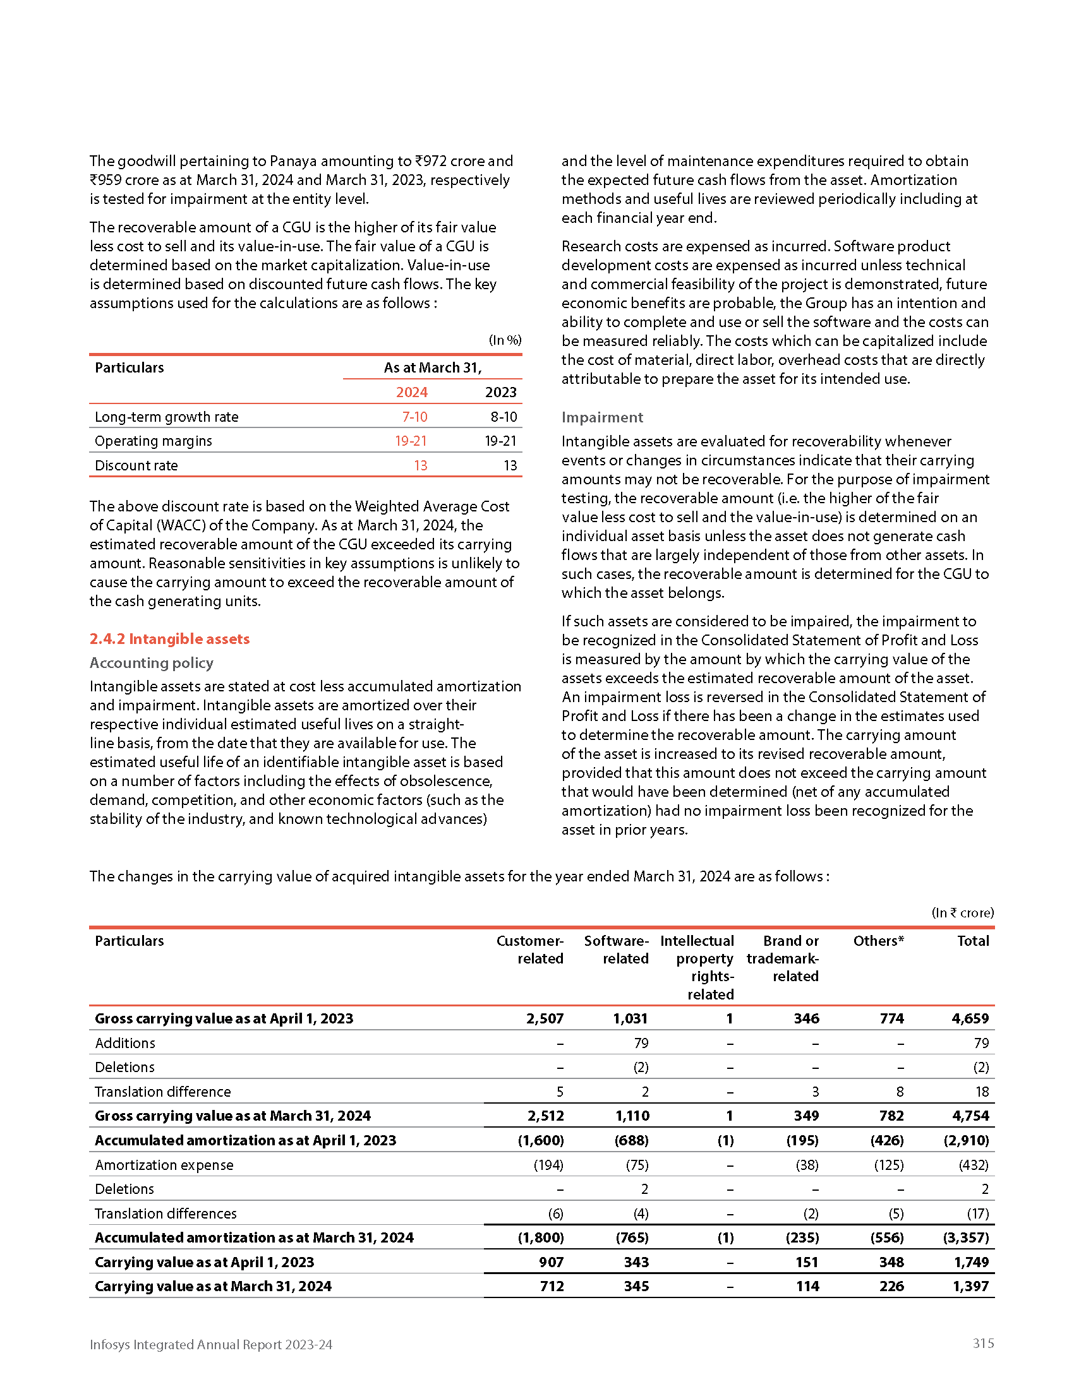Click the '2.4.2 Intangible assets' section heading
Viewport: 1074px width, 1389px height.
[x=169, y=638]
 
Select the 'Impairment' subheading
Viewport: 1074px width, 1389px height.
[x=602, y=417]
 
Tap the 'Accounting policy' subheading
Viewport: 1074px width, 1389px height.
[x=152, y=663]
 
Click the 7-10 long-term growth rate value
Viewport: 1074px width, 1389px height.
[x=414, y=417]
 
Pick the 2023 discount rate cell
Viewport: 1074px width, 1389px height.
[x=510, y=465]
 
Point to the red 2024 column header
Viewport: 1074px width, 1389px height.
[x=411, y=392]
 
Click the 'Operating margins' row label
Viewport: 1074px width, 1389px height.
[x=154, y=441]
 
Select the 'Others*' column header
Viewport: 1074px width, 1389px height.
[x=878, y=941]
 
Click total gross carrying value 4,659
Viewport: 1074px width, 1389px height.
[x=970, y=1018]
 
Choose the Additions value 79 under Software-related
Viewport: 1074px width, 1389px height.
[x=641, y=1043]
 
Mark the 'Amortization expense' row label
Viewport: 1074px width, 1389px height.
[x=164, y=1164]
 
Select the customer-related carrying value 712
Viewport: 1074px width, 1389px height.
[x=552, y=1286]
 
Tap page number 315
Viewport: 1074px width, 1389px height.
[x=983, y=1343]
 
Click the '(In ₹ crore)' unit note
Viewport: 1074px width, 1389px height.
[x=962, y=913]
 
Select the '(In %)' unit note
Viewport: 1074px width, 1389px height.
[x=505, y=340]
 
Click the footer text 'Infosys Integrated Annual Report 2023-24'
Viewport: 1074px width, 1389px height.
[x=210, y=1344]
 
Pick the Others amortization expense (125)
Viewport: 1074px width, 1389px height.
[x=888, y=1164]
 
